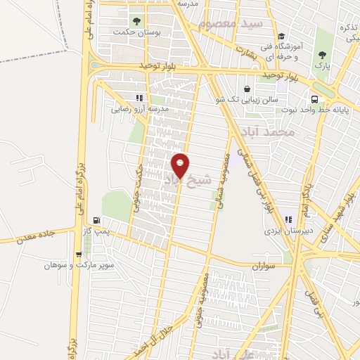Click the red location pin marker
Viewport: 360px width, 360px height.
(181, 165)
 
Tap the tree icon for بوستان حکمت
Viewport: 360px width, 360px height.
(136, 20)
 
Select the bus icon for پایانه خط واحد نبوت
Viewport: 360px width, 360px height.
(314, 99)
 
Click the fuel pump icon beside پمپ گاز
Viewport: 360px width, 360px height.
(96, 219)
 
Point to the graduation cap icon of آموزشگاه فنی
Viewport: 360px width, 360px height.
(281, 37)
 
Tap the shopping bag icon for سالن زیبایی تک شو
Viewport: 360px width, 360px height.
(247, 89)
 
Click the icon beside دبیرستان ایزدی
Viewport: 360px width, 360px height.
(288, 219)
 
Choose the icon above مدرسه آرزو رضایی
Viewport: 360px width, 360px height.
(139, 98)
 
